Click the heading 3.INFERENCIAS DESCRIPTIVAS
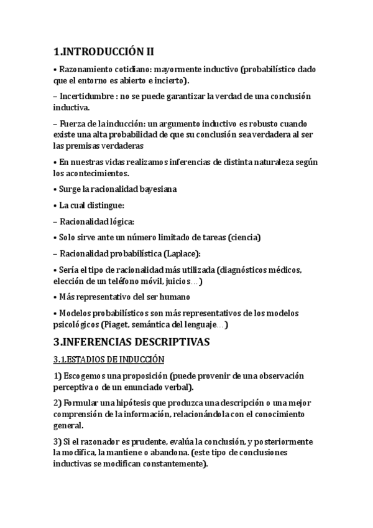point(132,342)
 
